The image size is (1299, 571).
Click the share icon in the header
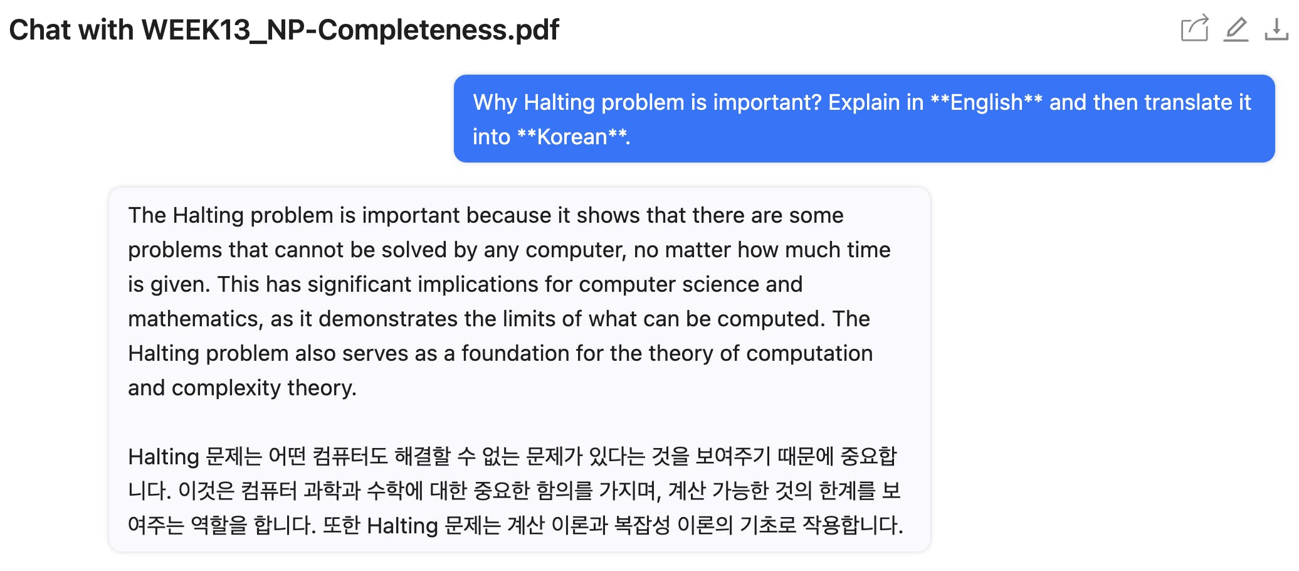click(1194, 28)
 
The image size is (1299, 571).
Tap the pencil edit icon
click(1236, 29)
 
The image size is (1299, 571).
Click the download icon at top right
click(1276, 29)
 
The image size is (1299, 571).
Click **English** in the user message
click(986, 102)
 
